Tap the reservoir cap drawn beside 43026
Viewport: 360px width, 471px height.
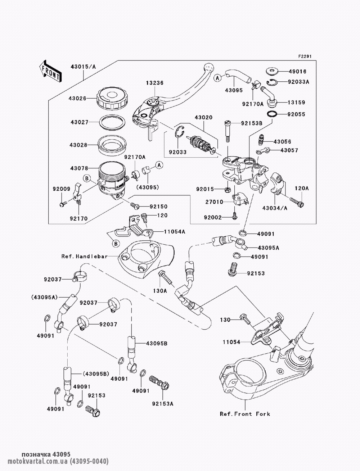[111, 98]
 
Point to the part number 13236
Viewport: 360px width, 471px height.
[154, 83]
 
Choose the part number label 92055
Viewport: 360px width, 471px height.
[296, 114]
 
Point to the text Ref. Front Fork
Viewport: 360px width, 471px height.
[245, 414]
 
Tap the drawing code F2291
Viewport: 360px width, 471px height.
[304, 56]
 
